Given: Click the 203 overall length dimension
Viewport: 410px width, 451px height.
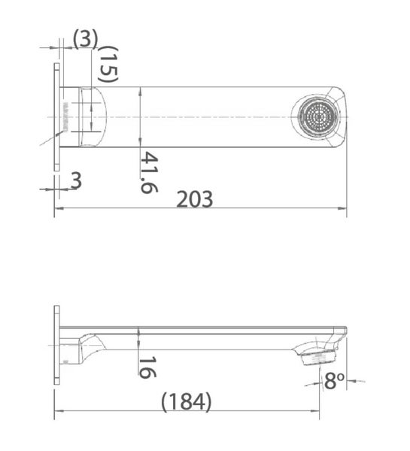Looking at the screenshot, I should coord(195,199).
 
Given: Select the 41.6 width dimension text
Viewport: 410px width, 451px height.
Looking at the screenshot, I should coord(148,172).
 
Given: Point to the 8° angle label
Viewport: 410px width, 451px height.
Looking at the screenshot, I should coord(333,381).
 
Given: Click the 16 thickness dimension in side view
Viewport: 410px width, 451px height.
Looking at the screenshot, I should coord(147,367).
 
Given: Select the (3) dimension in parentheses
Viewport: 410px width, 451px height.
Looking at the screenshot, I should coord(85,38).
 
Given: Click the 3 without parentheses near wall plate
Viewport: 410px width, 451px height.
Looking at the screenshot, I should coord(76,181).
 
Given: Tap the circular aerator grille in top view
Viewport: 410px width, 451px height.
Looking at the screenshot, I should coord(317,117).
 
